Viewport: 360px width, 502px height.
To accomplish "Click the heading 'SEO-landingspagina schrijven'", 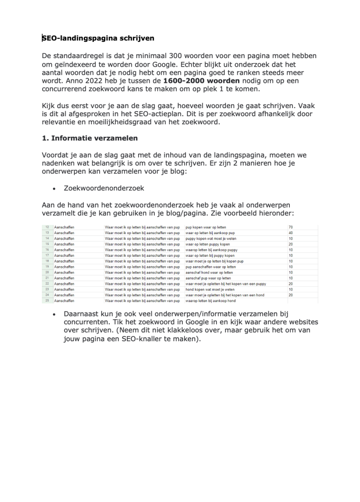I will pos(98,38).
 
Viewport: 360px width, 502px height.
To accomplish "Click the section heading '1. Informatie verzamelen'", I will pos(90,138).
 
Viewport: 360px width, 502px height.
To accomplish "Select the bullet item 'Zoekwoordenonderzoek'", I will pos(104,188).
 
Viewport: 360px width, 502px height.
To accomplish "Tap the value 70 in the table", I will pos(291,227).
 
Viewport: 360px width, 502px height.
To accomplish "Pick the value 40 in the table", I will pos(291,233).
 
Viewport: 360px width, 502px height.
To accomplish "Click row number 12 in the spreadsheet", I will pos(47,227).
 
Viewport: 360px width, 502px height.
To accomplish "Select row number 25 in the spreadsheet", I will pos(47,301).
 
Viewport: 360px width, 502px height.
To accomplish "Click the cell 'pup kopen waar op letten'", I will pos(206,227).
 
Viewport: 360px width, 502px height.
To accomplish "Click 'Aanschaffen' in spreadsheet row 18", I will pos(64,261).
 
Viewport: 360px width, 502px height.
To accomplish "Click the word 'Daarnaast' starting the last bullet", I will pos(81,313).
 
